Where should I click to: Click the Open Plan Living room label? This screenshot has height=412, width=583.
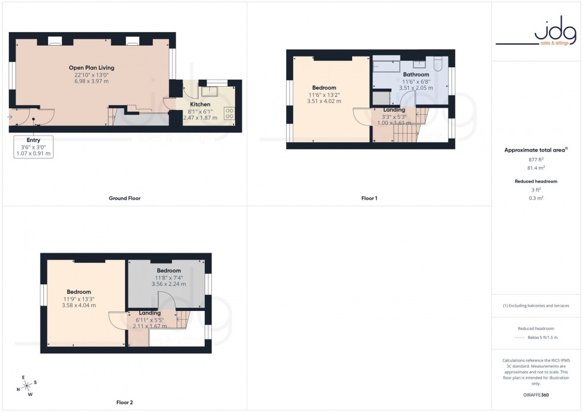[91, 68]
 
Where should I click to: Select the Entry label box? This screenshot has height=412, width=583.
[33, 146]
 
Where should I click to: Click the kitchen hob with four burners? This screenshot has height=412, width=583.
[230, 114]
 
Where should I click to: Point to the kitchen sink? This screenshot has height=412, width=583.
[209, 92]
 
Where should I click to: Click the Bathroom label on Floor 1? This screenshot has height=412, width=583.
[416, 74]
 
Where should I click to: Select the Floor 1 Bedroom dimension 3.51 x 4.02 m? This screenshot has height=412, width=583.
[325, 101]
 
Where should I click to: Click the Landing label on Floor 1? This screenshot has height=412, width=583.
[394, 109]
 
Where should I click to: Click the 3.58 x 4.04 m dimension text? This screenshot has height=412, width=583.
[79, 305]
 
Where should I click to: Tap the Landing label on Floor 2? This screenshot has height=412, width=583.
[149, 313]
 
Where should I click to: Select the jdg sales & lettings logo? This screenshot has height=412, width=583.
[537, 33]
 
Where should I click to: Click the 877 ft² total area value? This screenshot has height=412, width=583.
[537, 160]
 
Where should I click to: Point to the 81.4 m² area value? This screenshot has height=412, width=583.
[537, 168]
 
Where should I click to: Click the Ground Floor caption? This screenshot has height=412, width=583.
[125, 198]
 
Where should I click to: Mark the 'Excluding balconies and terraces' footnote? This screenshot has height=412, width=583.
[537, 306]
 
